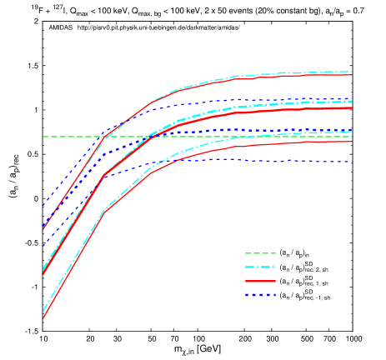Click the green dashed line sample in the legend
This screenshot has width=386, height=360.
(x=260, y=253)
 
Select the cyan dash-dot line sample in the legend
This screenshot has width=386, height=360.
(x=260, y=267)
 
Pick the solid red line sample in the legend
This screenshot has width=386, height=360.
(x=260, y=282)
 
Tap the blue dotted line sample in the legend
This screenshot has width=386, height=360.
(x=260, y=295)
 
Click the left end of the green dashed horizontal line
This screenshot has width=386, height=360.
(x=43, y=137)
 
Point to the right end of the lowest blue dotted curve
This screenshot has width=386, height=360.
(x=352, y=162)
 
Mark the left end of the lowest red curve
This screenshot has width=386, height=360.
(x=43, y=317)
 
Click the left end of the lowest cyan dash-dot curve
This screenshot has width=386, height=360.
(x=43, y=311)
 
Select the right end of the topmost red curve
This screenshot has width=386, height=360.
(x=352, y=75)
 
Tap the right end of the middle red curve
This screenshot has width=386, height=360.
(x=352, y=107)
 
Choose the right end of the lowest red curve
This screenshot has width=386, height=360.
(x=352, y=141)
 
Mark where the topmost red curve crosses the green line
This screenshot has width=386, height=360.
(x=103, y=137)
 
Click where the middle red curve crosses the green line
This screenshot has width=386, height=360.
(x=148, y=137)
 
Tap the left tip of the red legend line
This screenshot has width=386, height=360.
(x=246, y=282)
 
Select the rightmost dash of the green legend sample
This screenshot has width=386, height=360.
(x=272, y=253)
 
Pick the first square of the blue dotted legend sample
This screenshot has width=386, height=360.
(x=248, y=295)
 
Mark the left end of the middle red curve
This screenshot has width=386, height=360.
(x=43, y=273)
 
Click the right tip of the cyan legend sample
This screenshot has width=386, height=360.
(x=275, y=267)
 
